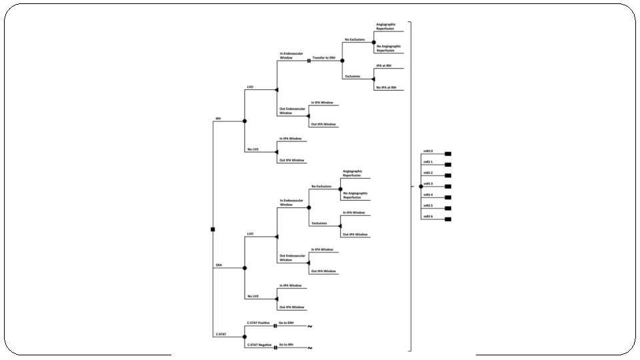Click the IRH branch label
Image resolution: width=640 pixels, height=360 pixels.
[218, 119]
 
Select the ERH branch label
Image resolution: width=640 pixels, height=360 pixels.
[218, 265]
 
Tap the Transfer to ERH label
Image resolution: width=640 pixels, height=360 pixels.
[325, 58]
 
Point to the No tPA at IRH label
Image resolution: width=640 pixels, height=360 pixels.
[386, 87]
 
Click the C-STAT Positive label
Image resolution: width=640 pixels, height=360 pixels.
[258, 323]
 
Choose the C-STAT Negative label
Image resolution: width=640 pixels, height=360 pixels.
[259, 345]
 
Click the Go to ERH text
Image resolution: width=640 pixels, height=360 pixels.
[287, 323]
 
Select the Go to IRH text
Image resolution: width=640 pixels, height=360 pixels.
[287, 345]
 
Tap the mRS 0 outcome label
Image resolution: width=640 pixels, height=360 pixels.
[428, 151]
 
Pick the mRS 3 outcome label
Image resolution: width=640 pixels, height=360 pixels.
[428, 183]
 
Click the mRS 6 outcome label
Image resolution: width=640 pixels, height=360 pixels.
[428, 216]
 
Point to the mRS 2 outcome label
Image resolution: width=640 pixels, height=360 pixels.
[428, 173]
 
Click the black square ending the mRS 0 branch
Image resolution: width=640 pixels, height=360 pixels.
[448, 153]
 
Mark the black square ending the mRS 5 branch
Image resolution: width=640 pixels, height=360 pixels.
[448, 208]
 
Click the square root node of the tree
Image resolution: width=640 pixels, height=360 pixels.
[213, 229]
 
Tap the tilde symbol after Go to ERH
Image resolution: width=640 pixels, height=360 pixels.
[310, 327]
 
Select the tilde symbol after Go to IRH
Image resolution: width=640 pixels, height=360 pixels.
[310, 348]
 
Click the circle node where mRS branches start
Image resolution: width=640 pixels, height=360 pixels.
[421, 186]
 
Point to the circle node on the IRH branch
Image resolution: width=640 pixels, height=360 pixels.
[245, 121]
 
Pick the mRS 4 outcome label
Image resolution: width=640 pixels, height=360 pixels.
[428, 195]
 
